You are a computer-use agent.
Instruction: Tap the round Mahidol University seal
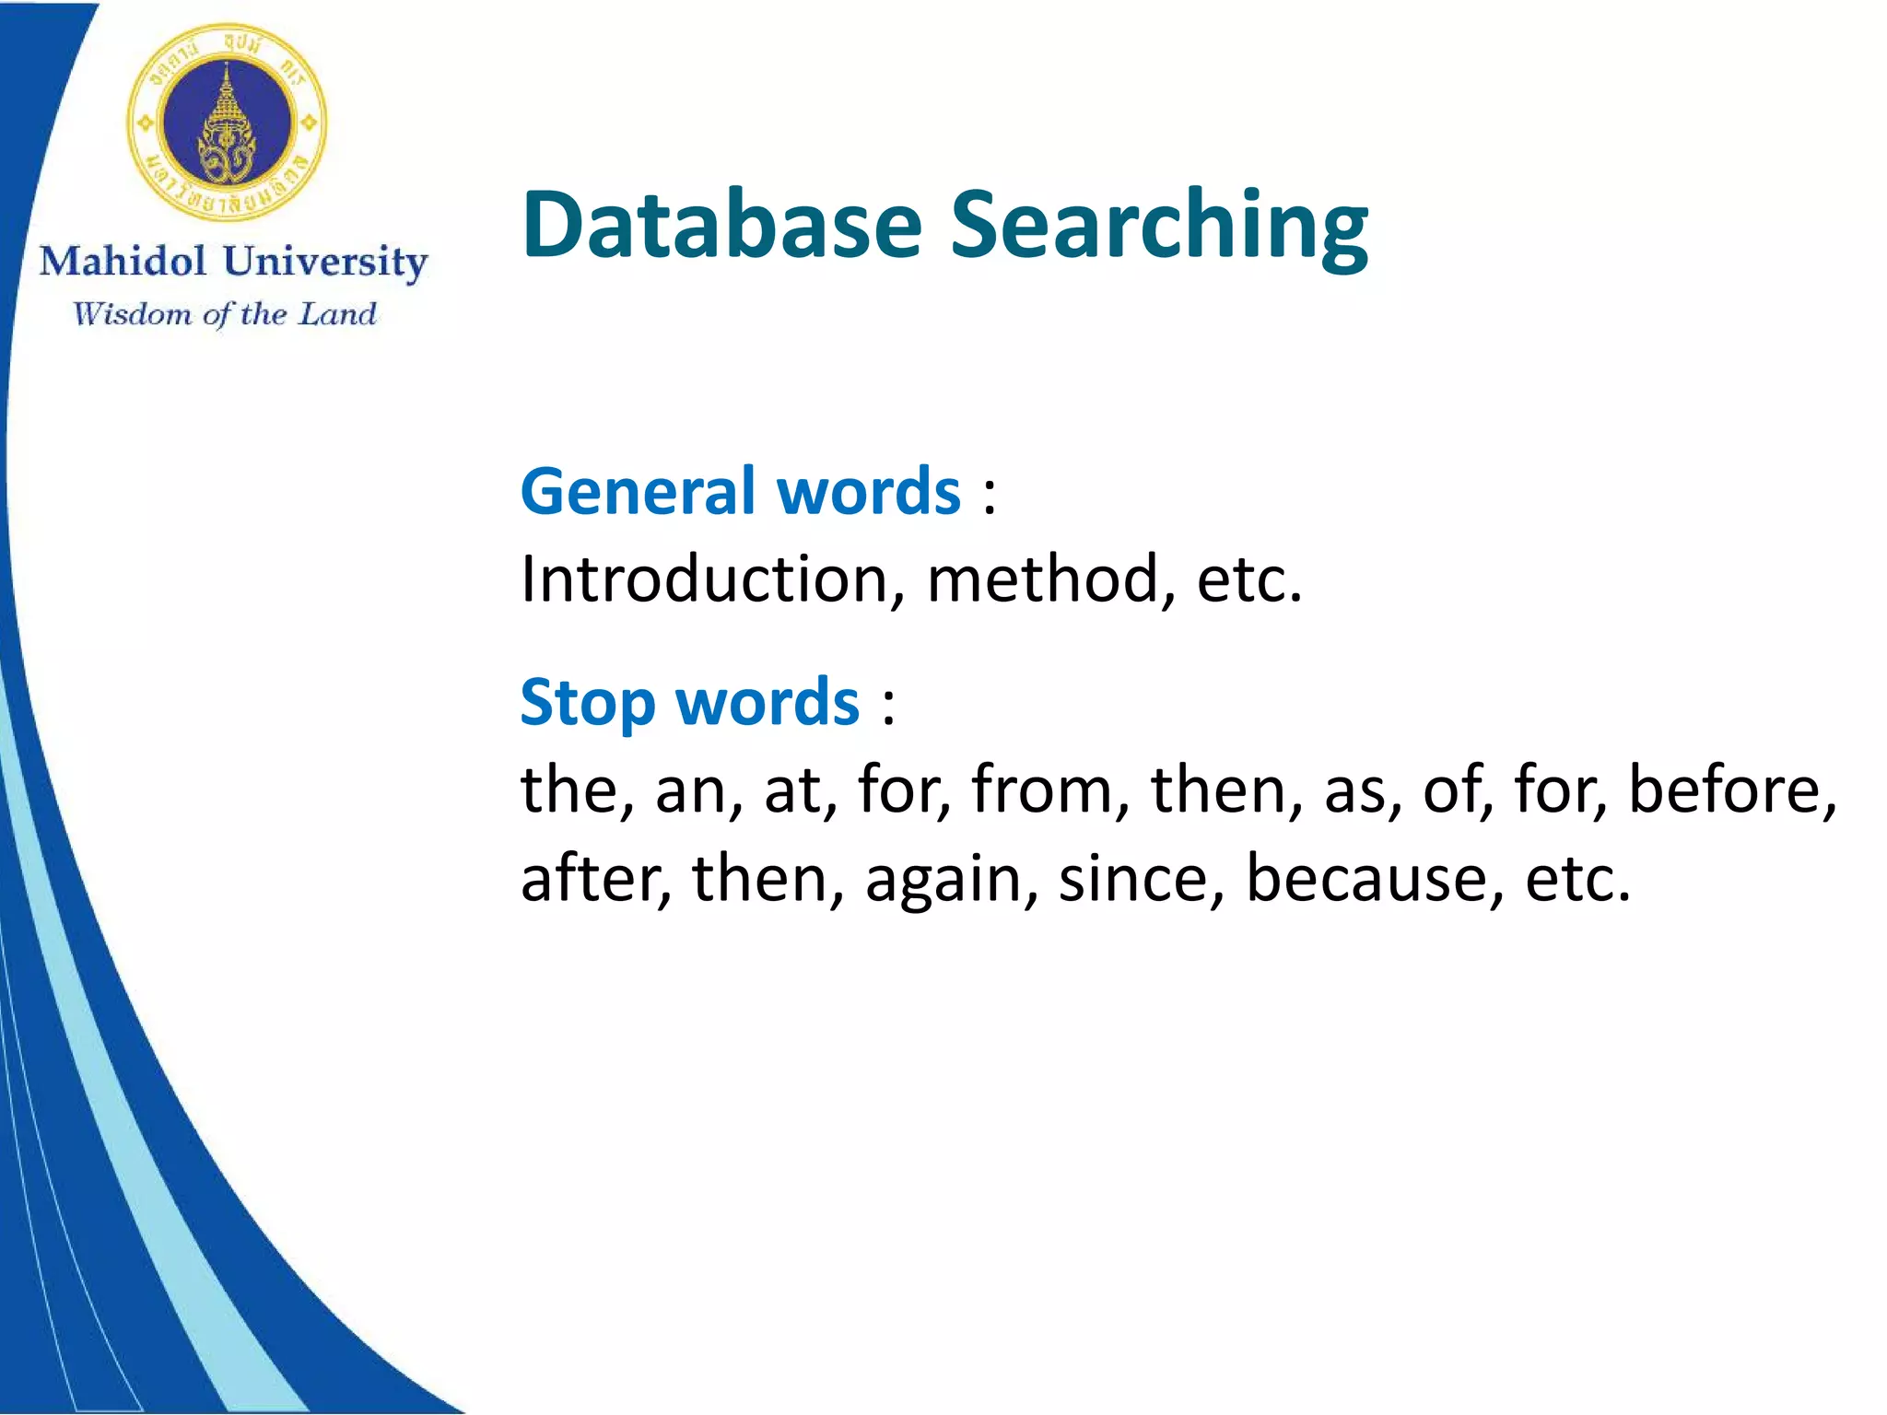pos(227,123)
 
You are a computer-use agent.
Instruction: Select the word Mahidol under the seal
pos(123,262)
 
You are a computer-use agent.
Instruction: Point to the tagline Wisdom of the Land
pos(225,314)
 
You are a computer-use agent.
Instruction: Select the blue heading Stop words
pos(689,702)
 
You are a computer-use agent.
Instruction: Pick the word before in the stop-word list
pos(1730,789)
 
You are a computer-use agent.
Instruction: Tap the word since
pos(1140,877)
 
